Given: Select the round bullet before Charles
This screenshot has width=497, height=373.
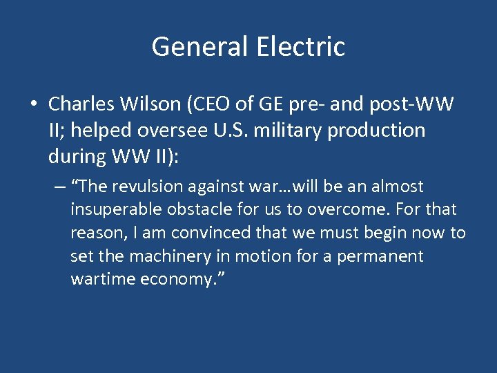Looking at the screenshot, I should (33, 105).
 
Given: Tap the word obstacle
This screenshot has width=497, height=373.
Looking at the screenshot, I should (207, 210).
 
